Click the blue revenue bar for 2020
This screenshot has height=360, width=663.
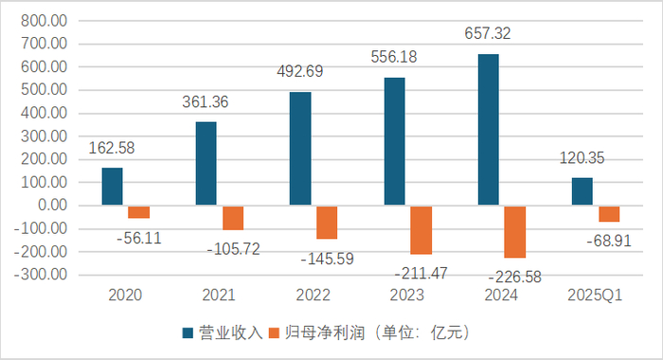[113, 187]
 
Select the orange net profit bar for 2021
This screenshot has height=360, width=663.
[233, 218]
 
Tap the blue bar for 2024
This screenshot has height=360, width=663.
[489, 130]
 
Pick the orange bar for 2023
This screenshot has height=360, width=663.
[421, 230]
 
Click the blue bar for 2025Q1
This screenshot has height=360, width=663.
[582, 191]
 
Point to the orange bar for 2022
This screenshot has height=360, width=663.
[327, 223]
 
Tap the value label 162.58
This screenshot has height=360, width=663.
[116, 149]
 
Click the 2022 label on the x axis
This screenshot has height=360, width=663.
[314, 297]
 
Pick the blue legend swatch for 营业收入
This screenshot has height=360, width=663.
[188, 333]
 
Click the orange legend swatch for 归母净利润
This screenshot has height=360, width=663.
[277, 333]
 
